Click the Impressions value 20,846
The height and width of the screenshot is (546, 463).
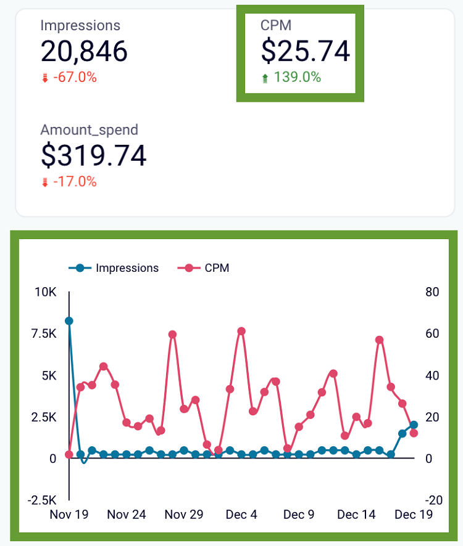click(x=84, y=51)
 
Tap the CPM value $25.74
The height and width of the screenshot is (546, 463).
click(x=305, y=51)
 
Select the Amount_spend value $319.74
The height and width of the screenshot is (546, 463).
click(x=94, y=155)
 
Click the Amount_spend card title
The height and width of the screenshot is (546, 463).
click(x=89, y=130)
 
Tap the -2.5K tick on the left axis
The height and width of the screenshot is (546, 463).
click(x=43, y=500)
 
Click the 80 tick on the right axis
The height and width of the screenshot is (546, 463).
click(x=432, y=292)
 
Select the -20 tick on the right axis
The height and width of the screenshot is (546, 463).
click(x=434, y=500)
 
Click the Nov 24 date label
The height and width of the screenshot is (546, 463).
click(x=127, y=515)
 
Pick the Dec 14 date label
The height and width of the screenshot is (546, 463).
click(x=357, y=515)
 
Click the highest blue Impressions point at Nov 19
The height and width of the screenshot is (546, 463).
click(x=69, y=321)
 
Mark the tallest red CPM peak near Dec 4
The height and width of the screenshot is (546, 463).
click(x=241, y=332)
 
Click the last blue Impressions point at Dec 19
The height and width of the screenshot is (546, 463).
click(x=414, y=425)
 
